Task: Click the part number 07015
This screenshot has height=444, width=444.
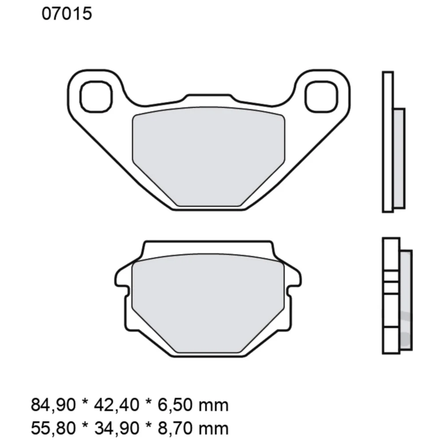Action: [x=67, y=14]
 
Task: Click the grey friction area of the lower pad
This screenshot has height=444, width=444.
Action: [x=209, y=302]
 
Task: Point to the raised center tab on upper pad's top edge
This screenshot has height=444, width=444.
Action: [x=209, y=99]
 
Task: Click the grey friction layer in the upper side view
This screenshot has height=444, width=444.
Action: [x=399, y=158]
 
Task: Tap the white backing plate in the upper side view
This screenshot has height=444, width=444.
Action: [x=388, y=142]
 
